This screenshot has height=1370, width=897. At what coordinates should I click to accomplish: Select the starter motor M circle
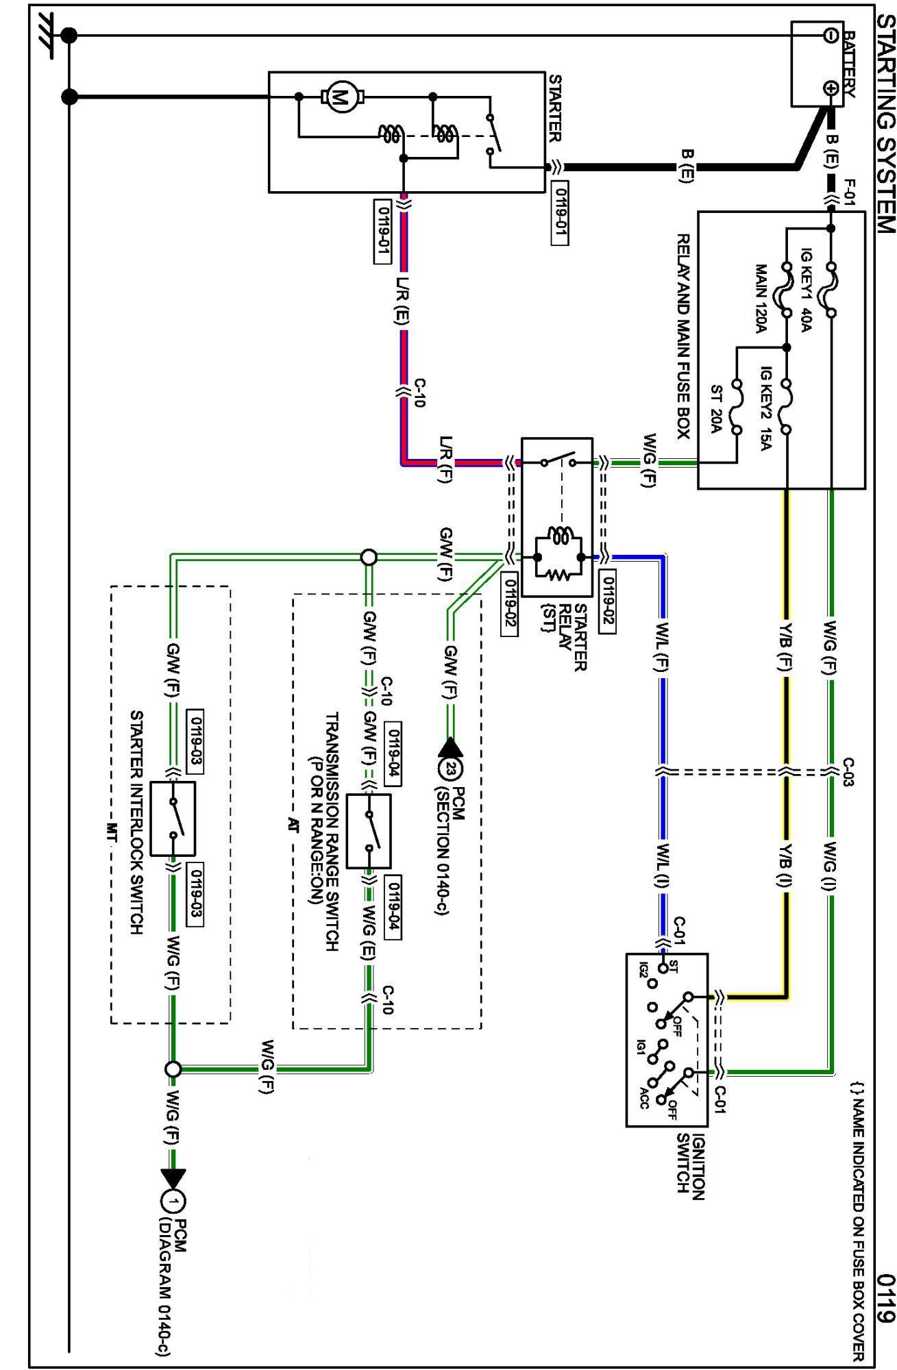(338, 97)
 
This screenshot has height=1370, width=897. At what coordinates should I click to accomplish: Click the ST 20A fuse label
(717, 409)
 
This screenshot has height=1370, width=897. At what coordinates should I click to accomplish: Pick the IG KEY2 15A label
(767, 410)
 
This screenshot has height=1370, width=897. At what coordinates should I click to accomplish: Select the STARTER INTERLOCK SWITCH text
(136, 822)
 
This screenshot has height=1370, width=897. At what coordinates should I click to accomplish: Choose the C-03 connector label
(848, 772)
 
